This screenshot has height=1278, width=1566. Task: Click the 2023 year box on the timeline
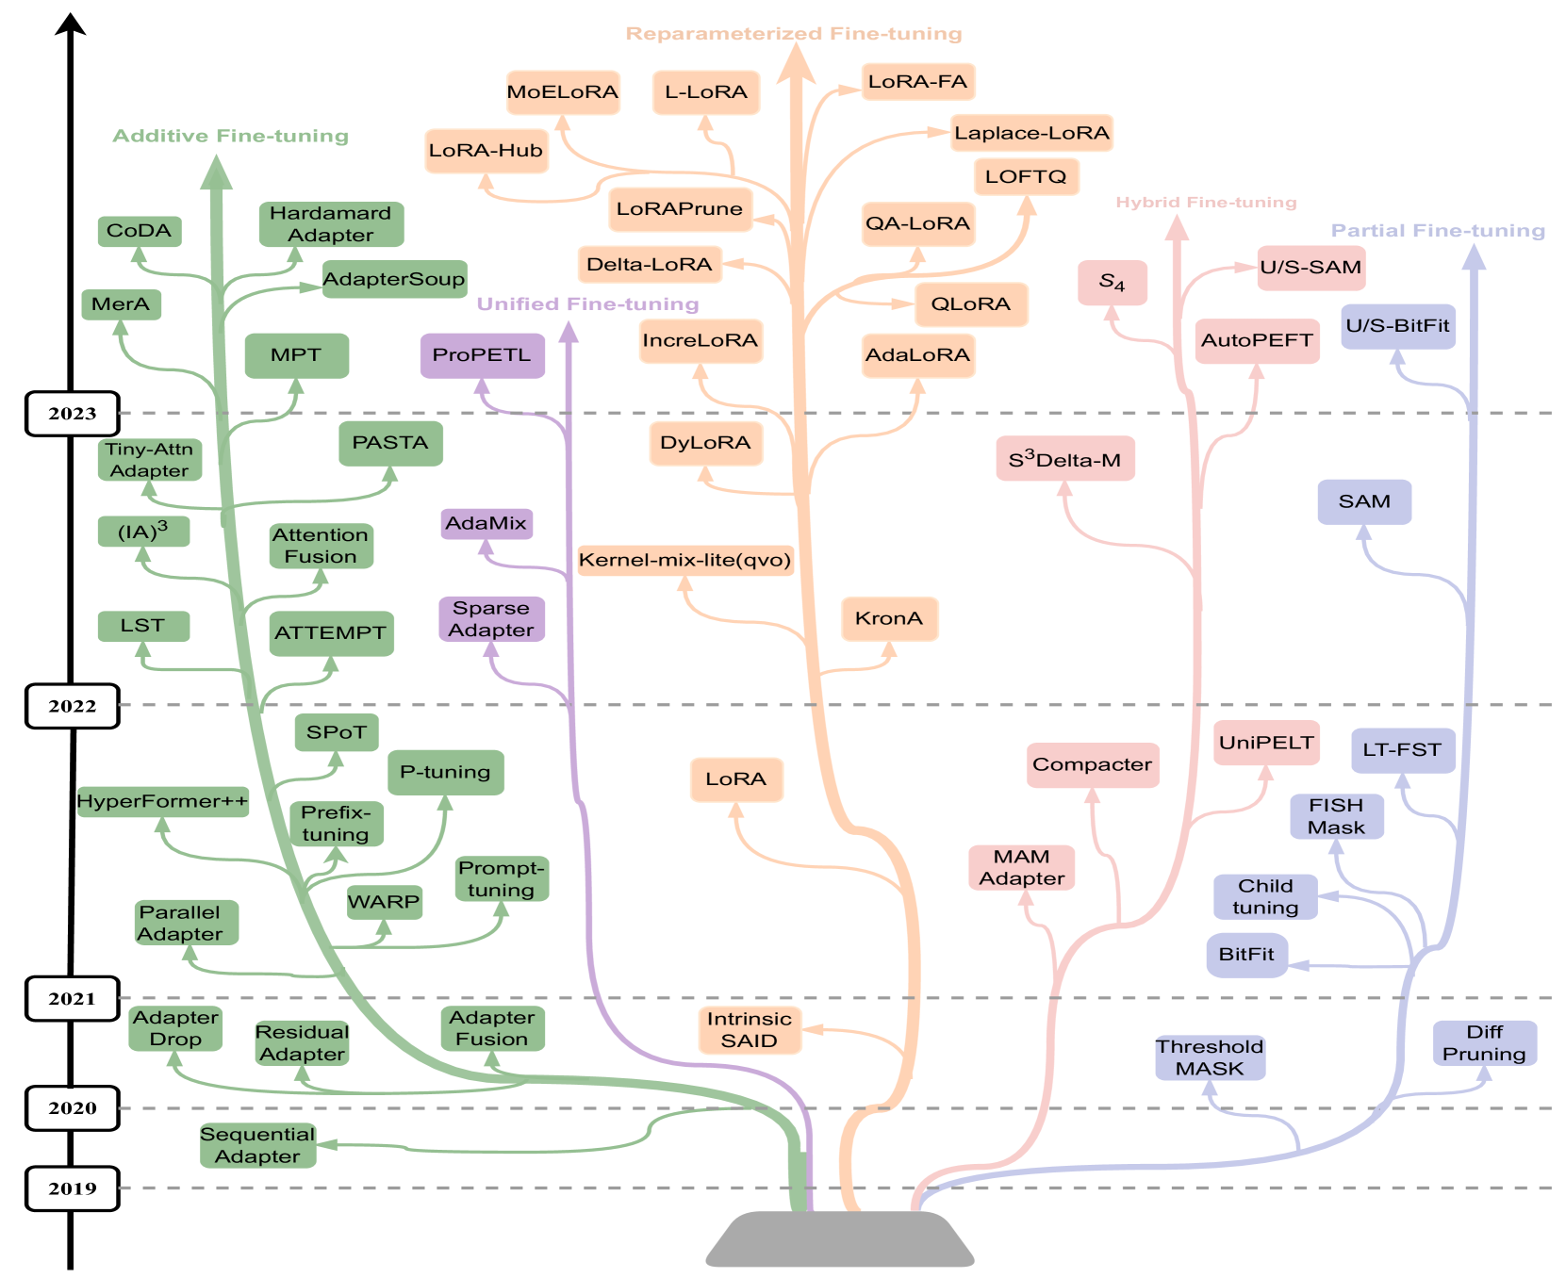click(73, 414)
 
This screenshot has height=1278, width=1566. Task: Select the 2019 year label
click(73, 1188)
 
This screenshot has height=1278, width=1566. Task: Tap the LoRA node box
click(736, 779)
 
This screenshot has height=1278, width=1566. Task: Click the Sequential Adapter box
click(257, 1145)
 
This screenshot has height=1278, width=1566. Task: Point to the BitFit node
click(1246, 955)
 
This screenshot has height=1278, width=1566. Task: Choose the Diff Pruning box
click(1484, 1043)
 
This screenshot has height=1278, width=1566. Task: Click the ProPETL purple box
click(482, 355)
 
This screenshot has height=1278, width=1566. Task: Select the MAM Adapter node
click(1021, 867)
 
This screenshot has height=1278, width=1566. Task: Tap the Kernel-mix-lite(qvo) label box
click(684, 560)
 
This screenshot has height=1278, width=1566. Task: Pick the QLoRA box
click(970, 304)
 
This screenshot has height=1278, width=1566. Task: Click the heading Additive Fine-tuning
click(231, 136)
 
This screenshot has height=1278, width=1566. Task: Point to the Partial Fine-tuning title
click(1438, 231)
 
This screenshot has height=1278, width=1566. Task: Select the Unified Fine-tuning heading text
click(587, 304)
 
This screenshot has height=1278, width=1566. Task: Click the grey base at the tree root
click(840, 1239)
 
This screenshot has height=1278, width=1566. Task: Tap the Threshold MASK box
click(1210, 1057)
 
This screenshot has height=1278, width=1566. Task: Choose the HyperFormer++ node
click(162, 801)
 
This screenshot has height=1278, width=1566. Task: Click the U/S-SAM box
click(1310, 268)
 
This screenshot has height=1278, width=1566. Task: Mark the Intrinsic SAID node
click(750, 1030)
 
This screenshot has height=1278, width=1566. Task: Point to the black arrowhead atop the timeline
click(71, 24)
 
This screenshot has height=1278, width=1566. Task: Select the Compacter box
click(1092, 764)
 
